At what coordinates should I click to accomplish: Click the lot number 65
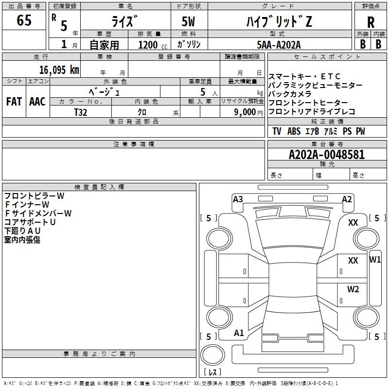(x=24, y=20)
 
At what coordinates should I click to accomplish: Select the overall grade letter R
(x=371, y=22)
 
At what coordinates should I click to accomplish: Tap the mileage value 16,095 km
(x=59, y=70)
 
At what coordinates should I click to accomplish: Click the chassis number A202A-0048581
(x=327, y=155)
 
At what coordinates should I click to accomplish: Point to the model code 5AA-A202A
(x=279, y=45)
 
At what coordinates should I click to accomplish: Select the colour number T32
(x=81, y=112)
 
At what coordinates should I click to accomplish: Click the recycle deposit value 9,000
(x=245, y=112)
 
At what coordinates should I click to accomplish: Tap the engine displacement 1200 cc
(x=153, y=45)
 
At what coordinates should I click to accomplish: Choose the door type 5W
(x=188, y=21)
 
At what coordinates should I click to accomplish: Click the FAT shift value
(x=14, y=102)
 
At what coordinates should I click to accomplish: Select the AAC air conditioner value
(x=37, y=102)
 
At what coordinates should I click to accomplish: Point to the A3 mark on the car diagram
(x=238, y=199)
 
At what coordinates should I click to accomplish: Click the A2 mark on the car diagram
(x=347, y=199)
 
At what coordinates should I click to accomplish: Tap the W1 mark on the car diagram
(x=375, y=260)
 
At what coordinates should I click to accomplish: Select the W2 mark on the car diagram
(x=353, y=289)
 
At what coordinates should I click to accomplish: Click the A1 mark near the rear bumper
(x=239, y=333)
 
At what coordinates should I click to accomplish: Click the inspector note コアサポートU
(x=30, y=222)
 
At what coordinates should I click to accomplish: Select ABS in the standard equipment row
(x=294, y=131)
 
